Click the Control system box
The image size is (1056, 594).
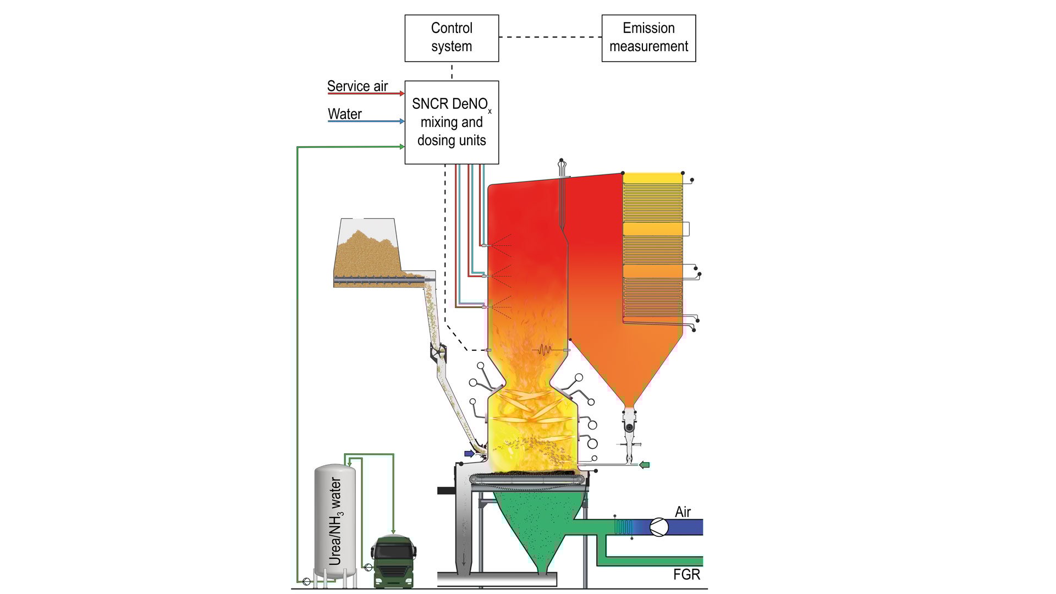point(452,38)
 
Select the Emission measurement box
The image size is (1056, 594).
point(648,38)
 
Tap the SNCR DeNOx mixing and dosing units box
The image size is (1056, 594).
point(452,122)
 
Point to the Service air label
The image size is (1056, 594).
point(358,86)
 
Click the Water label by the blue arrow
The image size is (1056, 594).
point(345,114)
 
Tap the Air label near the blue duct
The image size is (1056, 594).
point(683,512)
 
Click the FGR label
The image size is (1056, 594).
point(686,575)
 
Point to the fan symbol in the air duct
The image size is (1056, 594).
point(659,527)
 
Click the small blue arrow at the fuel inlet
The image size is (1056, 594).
point(469,454)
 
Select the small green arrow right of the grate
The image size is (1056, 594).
point(644,465)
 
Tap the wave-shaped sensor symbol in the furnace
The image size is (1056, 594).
point(544,350)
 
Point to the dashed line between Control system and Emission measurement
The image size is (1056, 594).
point(550,37)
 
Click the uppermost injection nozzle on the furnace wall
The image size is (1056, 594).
point(484,245)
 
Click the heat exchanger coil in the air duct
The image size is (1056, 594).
point(623,527)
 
